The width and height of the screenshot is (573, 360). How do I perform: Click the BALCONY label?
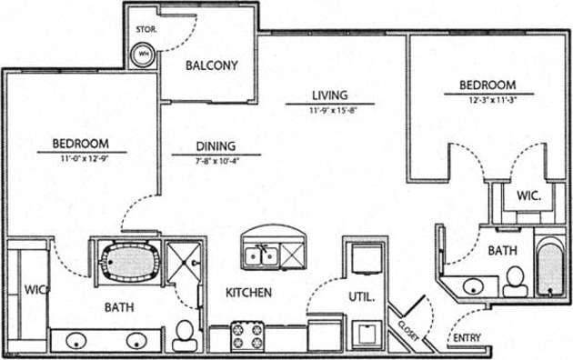click(x=211, y=65)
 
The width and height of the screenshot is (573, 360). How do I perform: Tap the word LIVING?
click(x=329, y=95)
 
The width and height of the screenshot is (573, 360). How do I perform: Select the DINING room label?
click(x=216, y=145)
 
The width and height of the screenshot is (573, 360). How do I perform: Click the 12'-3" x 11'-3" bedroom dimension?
click(x=492, y=100)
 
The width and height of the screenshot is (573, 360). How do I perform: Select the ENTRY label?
click(x=466, y=339)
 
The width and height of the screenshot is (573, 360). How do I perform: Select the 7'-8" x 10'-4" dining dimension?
click(x=216, y=160)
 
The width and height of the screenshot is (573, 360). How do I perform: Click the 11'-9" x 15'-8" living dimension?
click(x=329, y=110)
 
